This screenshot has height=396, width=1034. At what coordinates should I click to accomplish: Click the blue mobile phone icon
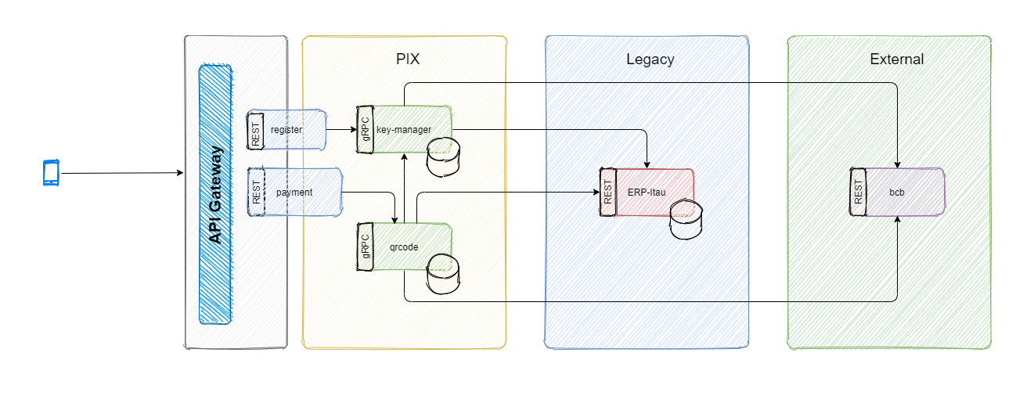pos(51,173)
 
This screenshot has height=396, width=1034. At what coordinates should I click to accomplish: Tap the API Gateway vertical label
pos(216,195)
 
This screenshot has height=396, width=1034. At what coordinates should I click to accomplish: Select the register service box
pos(294,130)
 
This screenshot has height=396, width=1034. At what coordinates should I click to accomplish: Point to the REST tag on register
pos(256,130)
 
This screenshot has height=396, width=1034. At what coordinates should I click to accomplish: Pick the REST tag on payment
pos(256,193)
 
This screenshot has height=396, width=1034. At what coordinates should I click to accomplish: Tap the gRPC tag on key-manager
pos(365,129)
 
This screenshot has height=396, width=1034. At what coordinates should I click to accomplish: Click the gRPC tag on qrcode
pos(365,247)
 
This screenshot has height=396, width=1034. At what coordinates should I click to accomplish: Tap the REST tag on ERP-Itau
pos(608,192)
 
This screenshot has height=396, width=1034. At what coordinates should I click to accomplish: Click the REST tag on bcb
pos(859,192)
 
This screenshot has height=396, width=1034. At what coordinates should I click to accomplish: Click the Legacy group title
pos(650,59)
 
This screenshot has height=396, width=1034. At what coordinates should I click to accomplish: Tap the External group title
pos(896,59)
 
